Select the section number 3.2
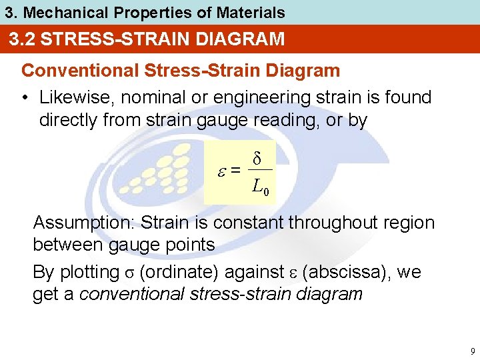click(23, 39)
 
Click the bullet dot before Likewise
click(25, 97)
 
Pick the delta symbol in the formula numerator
click(257, 159)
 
